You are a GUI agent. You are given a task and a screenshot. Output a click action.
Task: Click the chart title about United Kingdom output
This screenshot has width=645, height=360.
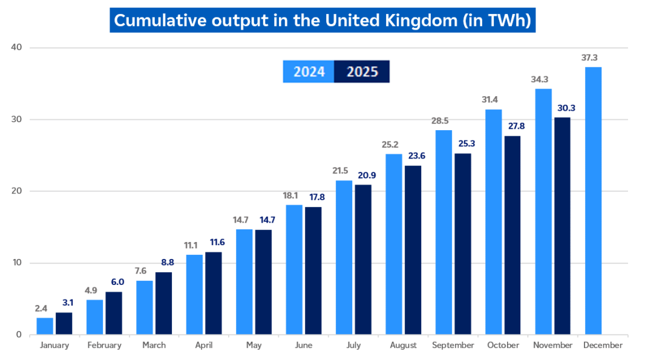coord(322,20)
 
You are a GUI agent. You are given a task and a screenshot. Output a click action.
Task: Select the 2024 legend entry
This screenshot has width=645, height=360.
coord(309,72)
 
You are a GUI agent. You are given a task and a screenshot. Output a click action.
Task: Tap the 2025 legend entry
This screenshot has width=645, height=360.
coord(362,72)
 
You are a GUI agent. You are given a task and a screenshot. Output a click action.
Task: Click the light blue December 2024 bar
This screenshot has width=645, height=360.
coord(593,200)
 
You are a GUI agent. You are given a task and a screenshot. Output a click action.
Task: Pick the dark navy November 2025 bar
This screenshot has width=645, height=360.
coord(562,225)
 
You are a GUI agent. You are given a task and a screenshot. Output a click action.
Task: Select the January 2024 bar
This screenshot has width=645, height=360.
coord(45,326)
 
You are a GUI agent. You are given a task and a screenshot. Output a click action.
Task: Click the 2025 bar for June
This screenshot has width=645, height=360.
coord(313,270)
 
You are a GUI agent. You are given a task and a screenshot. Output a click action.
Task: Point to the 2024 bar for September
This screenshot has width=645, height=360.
coord(444,232)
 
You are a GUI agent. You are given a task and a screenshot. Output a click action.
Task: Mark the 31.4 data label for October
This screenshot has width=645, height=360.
coord(493,100)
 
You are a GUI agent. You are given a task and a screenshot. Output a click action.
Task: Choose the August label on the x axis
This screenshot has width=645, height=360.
coord(403,345)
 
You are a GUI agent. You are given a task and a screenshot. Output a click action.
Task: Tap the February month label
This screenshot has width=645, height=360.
coord(104,345)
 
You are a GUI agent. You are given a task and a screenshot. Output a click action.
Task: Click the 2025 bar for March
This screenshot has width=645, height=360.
coord(163,303)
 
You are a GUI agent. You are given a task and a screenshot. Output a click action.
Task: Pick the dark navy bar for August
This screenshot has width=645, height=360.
coord(413,249)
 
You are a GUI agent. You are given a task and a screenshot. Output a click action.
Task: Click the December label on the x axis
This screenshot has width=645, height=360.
coord(603,345)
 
